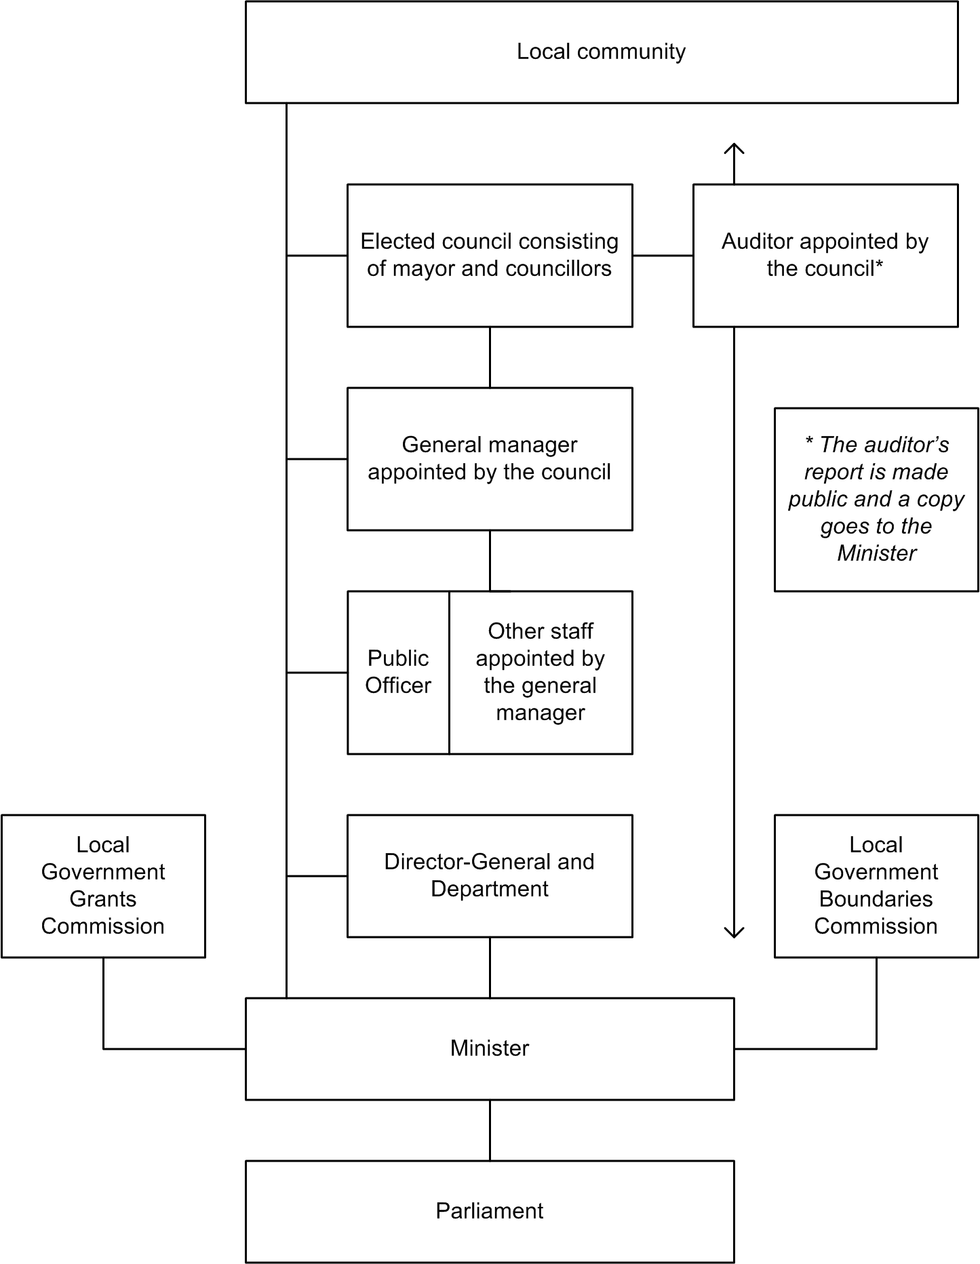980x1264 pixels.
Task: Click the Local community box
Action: coord(601,52)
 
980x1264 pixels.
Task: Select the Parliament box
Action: coord(490,1211)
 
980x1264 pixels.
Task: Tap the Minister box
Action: coord(490,1048)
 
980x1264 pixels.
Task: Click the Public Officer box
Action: coord(398,672)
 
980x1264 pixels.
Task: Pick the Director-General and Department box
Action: coord(490,875)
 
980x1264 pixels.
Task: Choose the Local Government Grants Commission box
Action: coord(103,886)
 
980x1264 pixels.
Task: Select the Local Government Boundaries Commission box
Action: coord(876,886)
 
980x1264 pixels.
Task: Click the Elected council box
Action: coord(490,255)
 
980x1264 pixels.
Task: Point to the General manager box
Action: coord(490,458)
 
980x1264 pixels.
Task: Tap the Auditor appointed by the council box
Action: coord(825,255)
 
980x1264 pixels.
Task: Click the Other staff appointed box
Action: coord(541,672)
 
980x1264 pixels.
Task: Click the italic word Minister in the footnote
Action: coord(876,553)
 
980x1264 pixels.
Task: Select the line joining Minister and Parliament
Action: coord(490,1130)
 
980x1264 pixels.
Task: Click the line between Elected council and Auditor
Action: coord(663,256)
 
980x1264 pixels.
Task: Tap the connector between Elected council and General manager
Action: coord(490,357)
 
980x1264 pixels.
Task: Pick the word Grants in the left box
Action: coord(103,899)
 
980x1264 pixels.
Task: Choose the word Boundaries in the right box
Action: coord(876,899)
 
